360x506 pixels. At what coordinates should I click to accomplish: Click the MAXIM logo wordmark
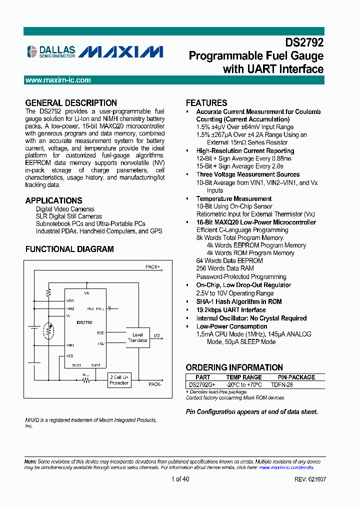[x=121, y=51]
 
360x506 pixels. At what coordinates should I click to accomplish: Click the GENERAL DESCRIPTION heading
[x=71, y=103]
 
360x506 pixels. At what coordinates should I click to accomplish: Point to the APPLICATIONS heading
[x=53, y=200]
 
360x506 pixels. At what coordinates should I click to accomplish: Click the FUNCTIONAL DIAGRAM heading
[x=69, y=249]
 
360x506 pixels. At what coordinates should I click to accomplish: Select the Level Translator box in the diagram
[x=137, y=337]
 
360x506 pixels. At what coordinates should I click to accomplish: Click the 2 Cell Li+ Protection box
[x=119, y=379]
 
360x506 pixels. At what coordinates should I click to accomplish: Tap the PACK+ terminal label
[x=152, y=267]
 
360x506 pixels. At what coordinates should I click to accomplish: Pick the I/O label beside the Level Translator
[x=157, y=335]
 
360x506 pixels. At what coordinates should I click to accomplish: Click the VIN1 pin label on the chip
[x=70, y=345]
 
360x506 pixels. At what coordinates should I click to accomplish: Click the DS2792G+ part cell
[x=202, y=384]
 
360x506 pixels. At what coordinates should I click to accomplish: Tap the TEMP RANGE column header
[x=244, y=377]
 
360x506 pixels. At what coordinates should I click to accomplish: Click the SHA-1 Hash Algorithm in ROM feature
[x=239, y=301]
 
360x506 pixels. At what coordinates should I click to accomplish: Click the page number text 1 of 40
[x=180, y=479]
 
